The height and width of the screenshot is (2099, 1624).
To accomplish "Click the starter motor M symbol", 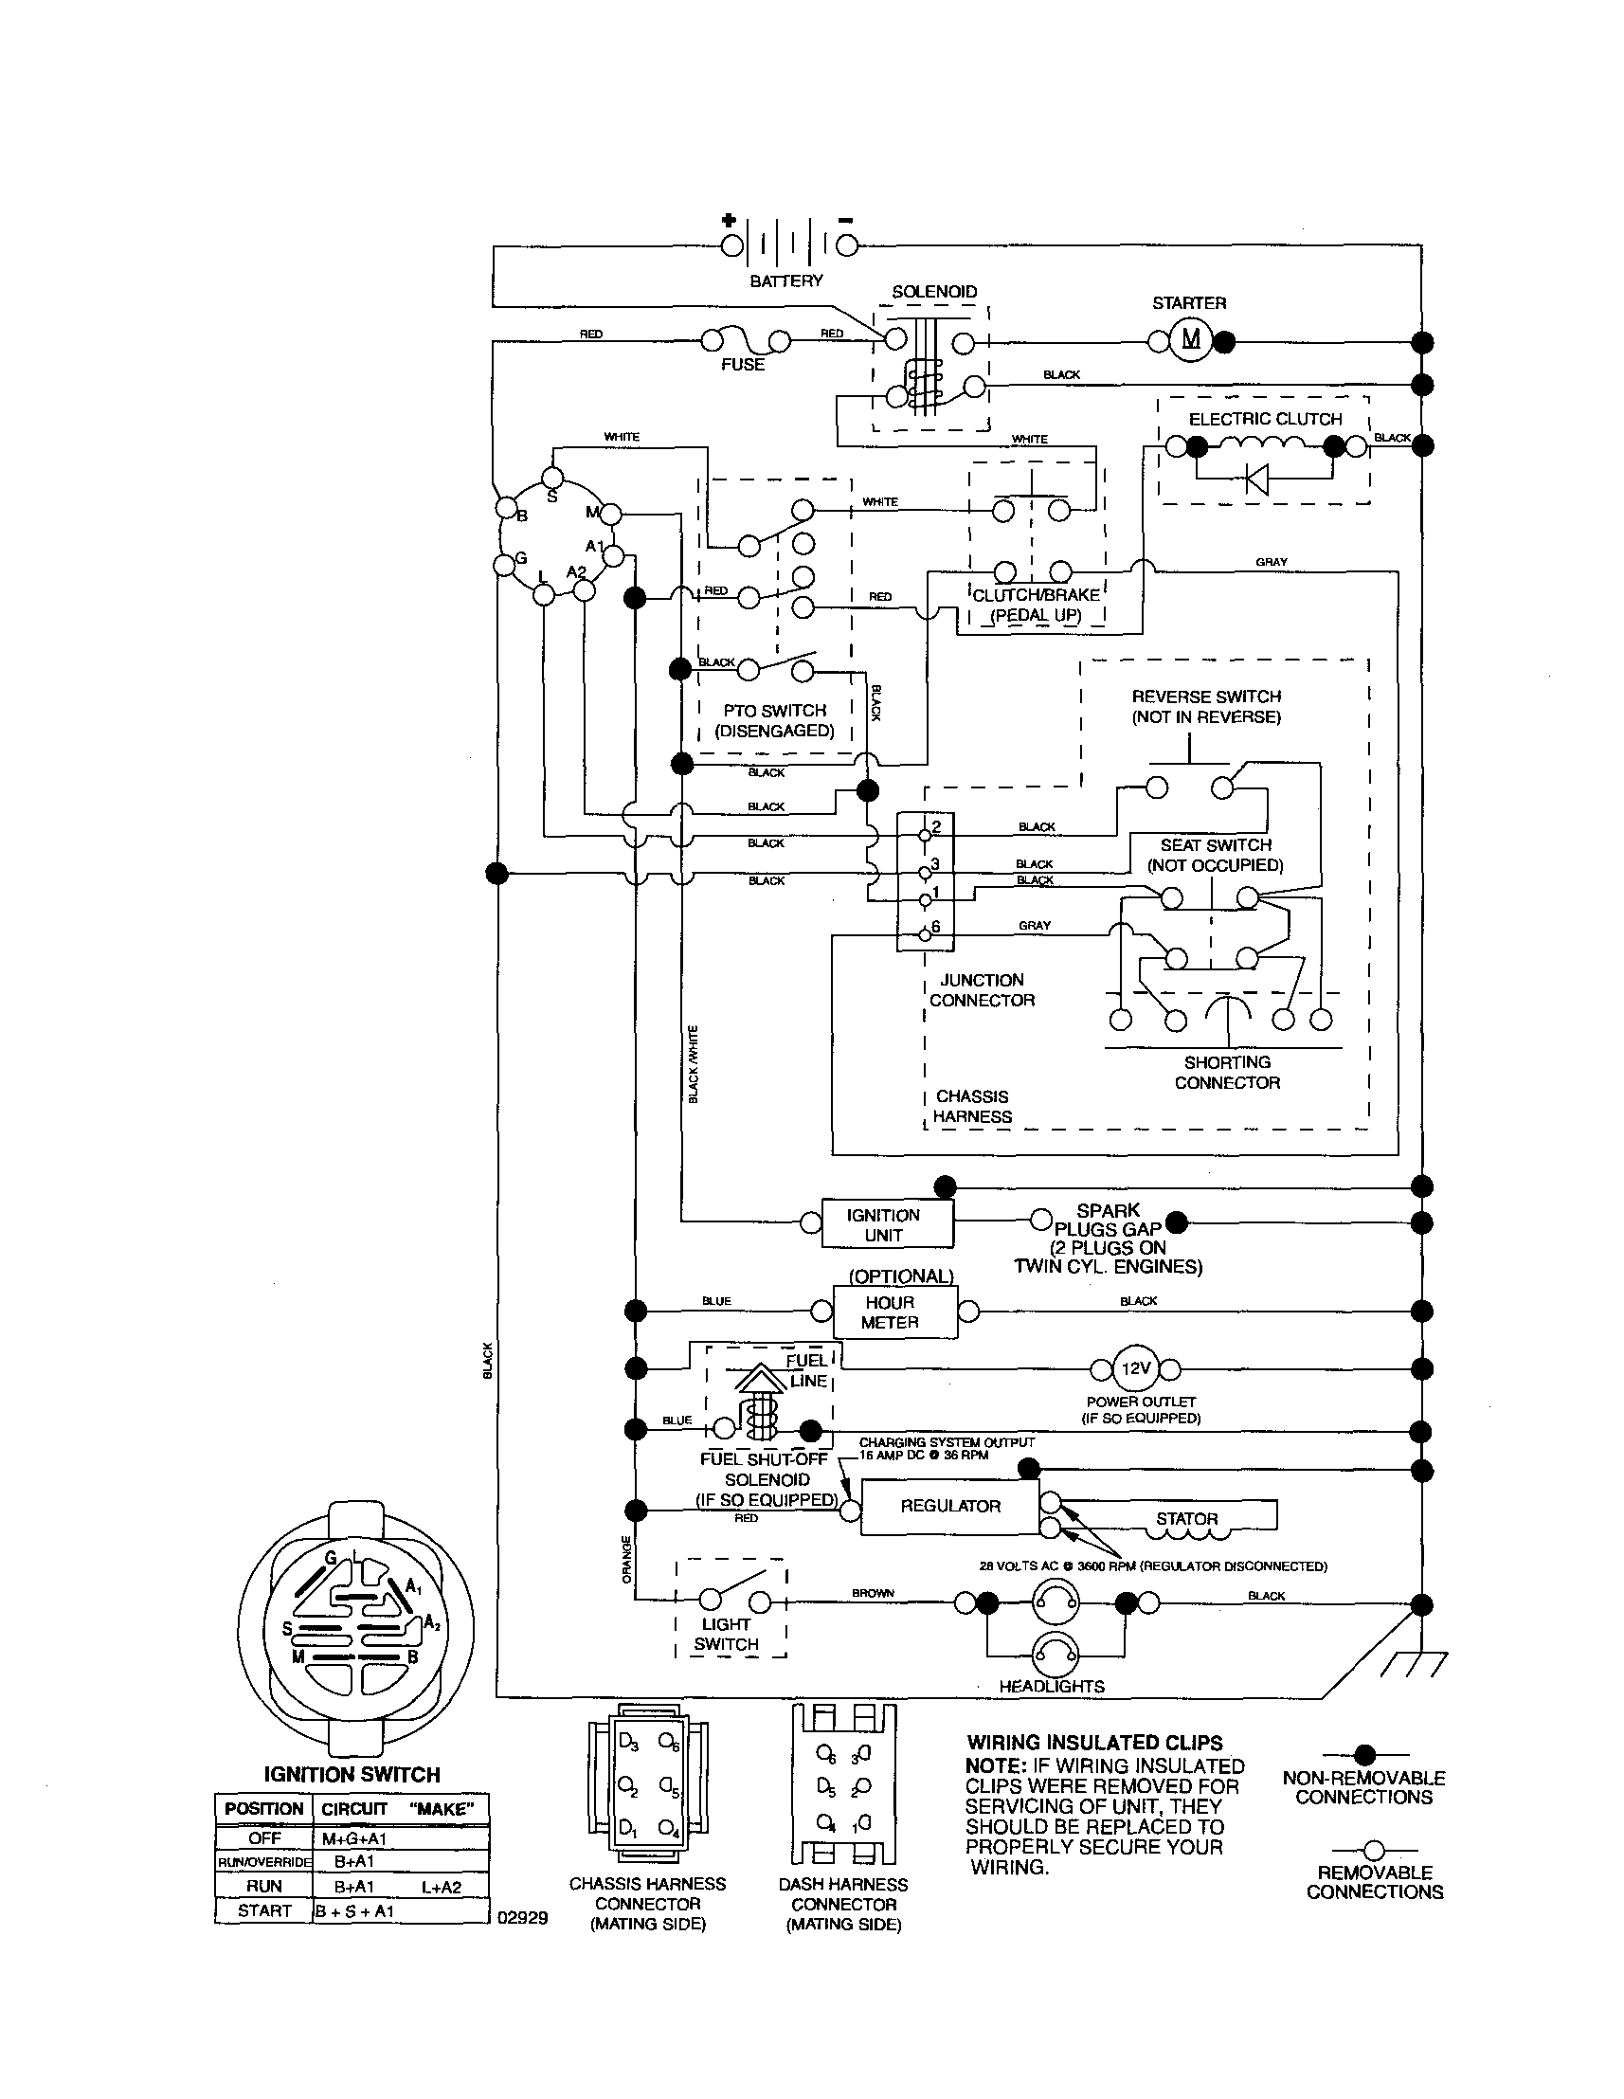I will pos(1190,339).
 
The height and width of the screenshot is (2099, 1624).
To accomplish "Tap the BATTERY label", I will pos(786,280).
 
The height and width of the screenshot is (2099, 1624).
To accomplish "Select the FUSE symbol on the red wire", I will pos(746,341).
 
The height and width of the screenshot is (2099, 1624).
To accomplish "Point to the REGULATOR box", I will pos(949,1506).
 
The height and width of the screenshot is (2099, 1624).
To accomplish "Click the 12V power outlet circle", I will pos(1136,1368).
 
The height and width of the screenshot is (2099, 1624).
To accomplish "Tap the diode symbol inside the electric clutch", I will pos(1255,478).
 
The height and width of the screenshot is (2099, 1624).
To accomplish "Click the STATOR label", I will pos(1187,1518).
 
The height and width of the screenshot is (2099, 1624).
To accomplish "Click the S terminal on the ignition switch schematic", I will pos(551,478).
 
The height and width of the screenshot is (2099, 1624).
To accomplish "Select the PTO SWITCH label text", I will pos(774,710).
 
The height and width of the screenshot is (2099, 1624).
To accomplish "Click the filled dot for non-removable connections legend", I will pos(1364,1755).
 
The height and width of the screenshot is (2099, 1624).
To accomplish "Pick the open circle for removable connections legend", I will pos(1374,1849).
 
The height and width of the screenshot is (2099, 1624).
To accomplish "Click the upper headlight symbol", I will pos(1056,1602).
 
